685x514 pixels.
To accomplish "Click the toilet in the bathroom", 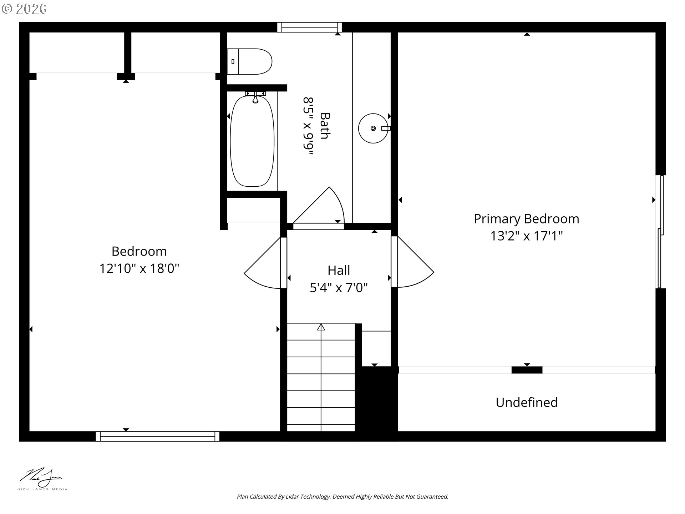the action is tap(250, 62).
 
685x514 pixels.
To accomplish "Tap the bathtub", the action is tap(252, 141).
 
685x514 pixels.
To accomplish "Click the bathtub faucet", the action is tap(255, 97).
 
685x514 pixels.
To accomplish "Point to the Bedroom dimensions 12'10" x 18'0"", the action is tap(139, 268).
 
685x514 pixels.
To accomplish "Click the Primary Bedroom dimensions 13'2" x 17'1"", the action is tap(527, 236).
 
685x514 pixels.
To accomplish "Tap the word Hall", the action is tap(339, 270).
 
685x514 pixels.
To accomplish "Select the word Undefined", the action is tap(527, 402).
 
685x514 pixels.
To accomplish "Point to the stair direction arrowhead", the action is tap(321, 327).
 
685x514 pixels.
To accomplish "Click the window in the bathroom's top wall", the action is tap(310, 27).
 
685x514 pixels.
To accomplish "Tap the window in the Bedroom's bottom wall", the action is tap(157, 436).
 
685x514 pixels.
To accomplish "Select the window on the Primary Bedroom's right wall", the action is tap(660, 232).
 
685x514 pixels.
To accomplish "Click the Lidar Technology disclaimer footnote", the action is tap(342, 497).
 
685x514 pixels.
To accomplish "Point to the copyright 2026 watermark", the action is tap(24, 9).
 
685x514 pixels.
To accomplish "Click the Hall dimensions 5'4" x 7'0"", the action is tap(339, 287).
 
